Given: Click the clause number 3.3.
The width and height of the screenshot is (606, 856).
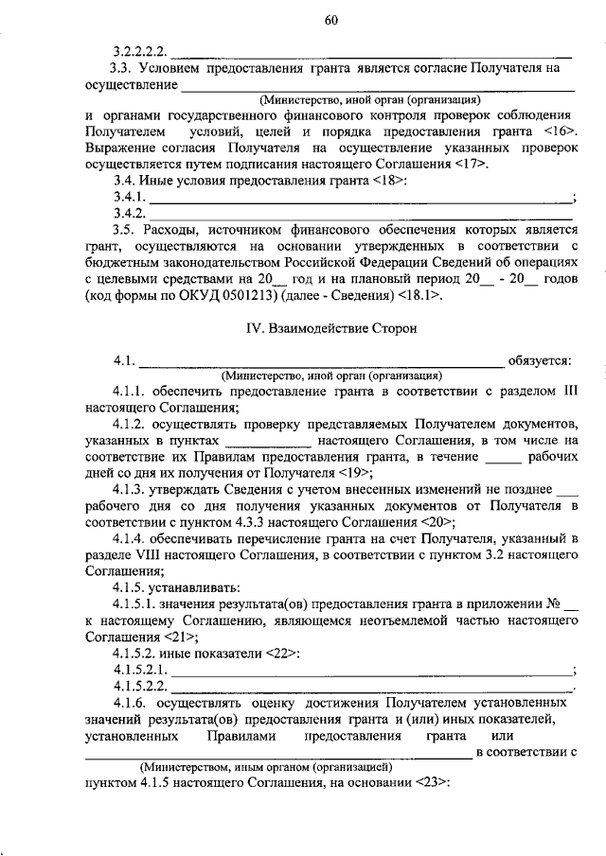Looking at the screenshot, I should click(120, 67).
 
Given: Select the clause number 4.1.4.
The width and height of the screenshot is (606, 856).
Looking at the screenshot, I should click(132, 538).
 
